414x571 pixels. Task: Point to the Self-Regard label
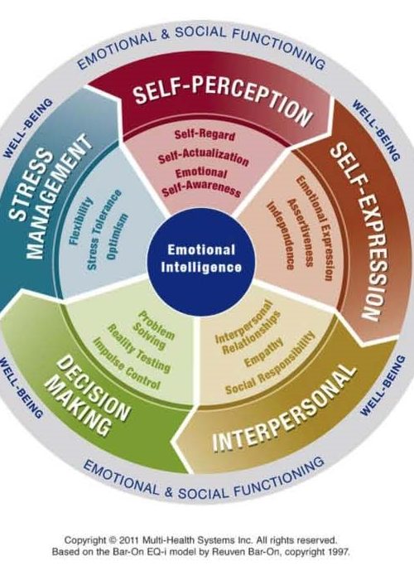pyautogui.click(x=205, y=135)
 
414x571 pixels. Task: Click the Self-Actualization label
pyautogui.click(x=204, y=157)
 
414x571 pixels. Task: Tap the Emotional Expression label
pyautogui.click(x=315, y=228)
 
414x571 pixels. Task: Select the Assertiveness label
pyautogui.click(x=301, y=233)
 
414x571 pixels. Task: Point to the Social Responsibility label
pyautogui.click(x=270, y=365)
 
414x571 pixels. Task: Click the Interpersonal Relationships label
pyautogui.click(x=248, y=327)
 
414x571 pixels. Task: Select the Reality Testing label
pyautogui.click(x=138, y=348)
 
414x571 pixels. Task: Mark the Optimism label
pyautogui.click(x=117, y=237)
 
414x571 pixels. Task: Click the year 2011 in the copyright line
pyautogui.click(x=130, y=540)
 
